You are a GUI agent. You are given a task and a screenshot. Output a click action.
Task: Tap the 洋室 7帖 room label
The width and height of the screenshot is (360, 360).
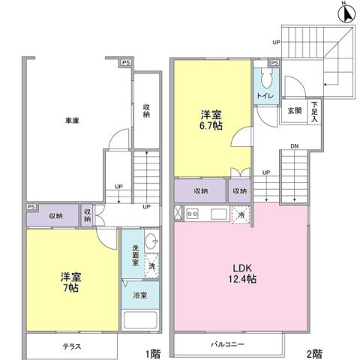(x=71, y=282)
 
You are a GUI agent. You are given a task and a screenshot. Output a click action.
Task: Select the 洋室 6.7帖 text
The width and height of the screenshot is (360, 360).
(x=211, y=120)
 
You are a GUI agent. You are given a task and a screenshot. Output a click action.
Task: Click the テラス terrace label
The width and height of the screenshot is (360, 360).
(x=70, y=346)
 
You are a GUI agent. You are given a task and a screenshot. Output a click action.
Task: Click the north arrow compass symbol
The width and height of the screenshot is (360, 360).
(x=344, y=13)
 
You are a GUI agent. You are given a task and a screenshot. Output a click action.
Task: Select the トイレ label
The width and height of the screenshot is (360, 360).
(x=265, y=98)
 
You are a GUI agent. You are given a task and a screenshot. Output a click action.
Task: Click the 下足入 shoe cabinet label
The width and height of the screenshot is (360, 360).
(x=315, y=111)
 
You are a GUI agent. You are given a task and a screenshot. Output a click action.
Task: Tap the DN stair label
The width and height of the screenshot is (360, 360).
(x=294, y=146)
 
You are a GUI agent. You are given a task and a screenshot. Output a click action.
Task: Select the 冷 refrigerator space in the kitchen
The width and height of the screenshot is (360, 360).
(x=241, y=214)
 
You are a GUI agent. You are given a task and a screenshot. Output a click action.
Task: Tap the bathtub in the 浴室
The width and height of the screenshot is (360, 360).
(x=139, y=321)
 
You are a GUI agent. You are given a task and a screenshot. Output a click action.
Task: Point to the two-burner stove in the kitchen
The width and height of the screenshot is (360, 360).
(x=191, y=214)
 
